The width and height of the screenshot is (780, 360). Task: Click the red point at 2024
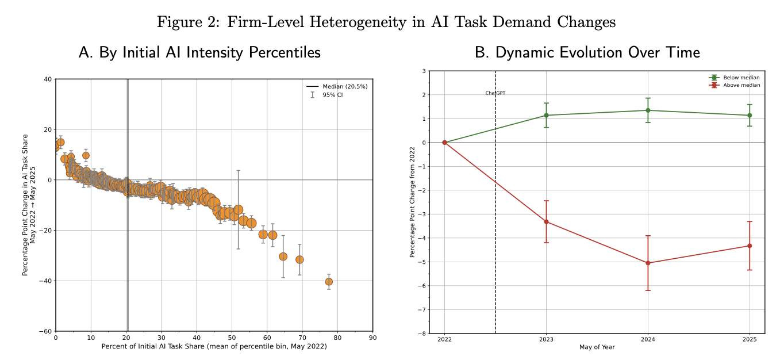click(648, 263)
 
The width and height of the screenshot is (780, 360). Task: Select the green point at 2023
click(546, 115)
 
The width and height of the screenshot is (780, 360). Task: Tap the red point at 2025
click(750, 246)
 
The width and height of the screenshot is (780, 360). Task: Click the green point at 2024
click(648, 110)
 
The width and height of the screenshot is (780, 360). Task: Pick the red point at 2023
click(546, 221)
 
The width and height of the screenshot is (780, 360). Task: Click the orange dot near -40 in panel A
click(329, 282)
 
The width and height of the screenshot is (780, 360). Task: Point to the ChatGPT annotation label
click(495, 93)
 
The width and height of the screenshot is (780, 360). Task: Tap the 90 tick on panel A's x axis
click(372, 338)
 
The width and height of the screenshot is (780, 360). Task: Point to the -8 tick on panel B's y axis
click(423, 334)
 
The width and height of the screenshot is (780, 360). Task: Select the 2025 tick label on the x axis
click(750, 340)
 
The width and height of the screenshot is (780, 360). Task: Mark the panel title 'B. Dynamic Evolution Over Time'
click(587, 53)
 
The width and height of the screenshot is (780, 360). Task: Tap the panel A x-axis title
click(214, 347)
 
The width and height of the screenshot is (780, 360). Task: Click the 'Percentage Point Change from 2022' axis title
click(412, 202)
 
